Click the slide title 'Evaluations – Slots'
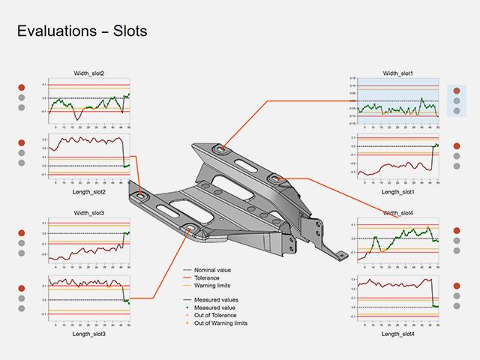(x=81, y=31)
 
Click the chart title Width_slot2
(x=89, y=73)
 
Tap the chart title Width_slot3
(x=89, y=213)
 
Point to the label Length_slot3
(x=89, y=334)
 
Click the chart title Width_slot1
(x=398, y=73)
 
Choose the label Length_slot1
(x=398, y=193)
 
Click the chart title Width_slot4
(x=398, y=213)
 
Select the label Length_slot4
(x=398, y=334)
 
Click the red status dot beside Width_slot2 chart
(x=22, y=87)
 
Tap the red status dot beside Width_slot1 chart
(x=457, y=91)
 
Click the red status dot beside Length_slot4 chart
(x=457, y=286)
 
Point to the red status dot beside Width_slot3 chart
(x=22, y=223)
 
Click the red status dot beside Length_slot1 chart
(x=457, y=146)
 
